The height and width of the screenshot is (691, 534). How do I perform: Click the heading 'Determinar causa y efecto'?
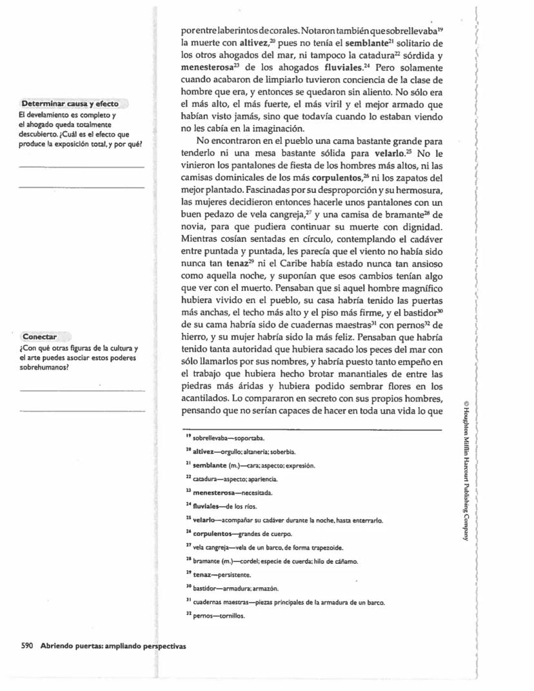coord(70,104)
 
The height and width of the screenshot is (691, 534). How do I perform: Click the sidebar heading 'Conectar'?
coord(40,337)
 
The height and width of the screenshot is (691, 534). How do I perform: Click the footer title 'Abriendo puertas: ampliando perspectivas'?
coord(113,646)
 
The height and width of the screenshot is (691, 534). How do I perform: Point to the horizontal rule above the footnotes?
coord(312,430)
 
